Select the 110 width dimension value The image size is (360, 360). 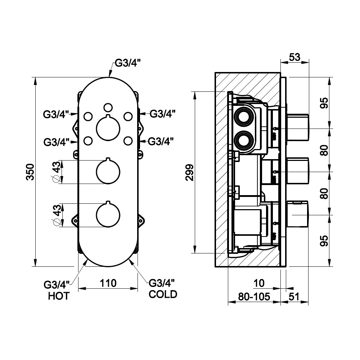click(x=108, y=283)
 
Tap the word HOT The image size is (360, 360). click(x=59, y=296)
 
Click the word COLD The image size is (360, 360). click(x=163, y=294)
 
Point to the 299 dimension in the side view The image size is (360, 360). click(x=190, y=172)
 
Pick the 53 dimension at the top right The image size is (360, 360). click(x=294, y=57)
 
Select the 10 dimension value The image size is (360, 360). click(x=259, y=283)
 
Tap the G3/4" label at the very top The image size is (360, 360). click(x=127, y=63)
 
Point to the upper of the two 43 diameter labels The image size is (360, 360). click(x=57, y=172)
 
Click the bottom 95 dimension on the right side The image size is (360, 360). click(x=325, y=240)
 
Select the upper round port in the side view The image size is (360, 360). click(x=244, y=118)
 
